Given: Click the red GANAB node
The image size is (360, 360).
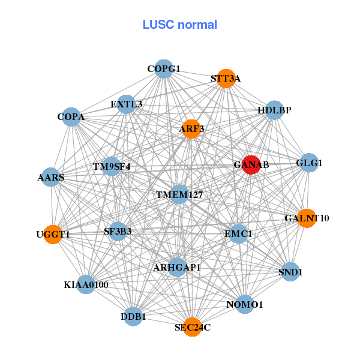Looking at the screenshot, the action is pos(251,164).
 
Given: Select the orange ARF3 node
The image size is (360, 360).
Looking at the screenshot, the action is pos(191,129).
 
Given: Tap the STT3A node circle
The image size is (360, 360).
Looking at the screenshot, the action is pos(226,78).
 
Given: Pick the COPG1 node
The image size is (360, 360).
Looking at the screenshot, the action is pos(164,68).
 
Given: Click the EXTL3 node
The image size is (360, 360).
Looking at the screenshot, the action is pos(126,104).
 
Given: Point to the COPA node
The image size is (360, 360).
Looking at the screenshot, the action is pos(71,116).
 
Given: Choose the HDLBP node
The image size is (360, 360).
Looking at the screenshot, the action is pos(274,110).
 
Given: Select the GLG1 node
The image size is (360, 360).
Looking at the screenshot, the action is pos(308,163).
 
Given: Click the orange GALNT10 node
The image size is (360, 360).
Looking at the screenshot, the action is pos(307,217).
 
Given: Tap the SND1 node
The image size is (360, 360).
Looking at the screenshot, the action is pos(290,272).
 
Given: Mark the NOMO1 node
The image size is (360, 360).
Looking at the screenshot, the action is pos(244,305).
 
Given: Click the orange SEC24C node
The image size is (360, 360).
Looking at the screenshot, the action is pos(192,327).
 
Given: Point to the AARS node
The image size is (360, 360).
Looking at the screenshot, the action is pos(50,177).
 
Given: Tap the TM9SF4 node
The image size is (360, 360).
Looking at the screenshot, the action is pos(111,166).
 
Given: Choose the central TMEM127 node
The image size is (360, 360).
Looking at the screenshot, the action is pos(179,194).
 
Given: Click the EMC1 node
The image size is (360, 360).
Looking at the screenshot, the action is pos(239,233).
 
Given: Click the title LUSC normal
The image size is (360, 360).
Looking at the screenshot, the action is pos(179,25).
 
